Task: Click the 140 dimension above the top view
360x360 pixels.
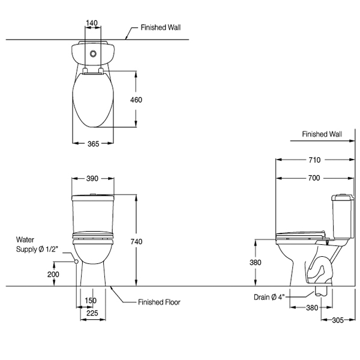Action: pyautogui.click(x=92, y=23)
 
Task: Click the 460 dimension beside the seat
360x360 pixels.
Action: pyautogui.click(x=136, y=100)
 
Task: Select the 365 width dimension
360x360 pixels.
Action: pyautogui.click(x=93, y=143)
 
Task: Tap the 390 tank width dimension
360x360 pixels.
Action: pyautogui.click(x=93, y=179)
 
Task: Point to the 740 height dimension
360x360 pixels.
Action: pyautogui.click(x=136, y=241)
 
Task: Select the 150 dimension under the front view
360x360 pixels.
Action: pyautogui.click(x=90, y=301)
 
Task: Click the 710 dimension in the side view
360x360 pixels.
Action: pyautogui.click(x=314, y=160)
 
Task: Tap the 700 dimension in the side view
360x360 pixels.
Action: pyautogui.click(x=314, y=178)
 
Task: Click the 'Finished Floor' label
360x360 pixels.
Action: pyautogui.click(x=159, y=302)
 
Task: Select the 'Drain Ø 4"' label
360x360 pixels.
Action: pyautogui.click(x=269, y=296)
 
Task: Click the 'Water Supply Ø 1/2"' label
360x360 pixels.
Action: pyautogui.click(x=37, y=245)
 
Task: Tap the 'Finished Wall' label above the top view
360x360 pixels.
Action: pyautogui.click(x=161, y=28)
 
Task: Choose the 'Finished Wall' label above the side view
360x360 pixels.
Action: pyautogui.click(x=322, y=134)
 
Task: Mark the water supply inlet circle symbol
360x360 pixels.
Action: pyautogui.click(x=76, y=262)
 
